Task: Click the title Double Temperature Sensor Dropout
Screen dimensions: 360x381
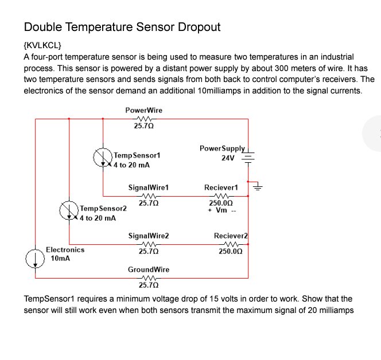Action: click(122, 27)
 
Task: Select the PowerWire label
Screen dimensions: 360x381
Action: click(143, 110)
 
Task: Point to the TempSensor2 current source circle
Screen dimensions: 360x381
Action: click(69, 210)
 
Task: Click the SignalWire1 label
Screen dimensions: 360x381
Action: click(148, 187)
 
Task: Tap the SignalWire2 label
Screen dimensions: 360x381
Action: click(148, 236)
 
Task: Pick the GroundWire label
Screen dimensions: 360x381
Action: click(148, 269)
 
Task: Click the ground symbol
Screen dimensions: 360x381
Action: click(258, 185)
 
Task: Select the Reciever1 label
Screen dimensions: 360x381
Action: click(221, 187)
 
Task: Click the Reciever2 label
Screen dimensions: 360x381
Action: click(230, 236)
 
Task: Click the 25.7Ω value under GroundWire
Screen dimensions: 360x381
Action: click(148, 284)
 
